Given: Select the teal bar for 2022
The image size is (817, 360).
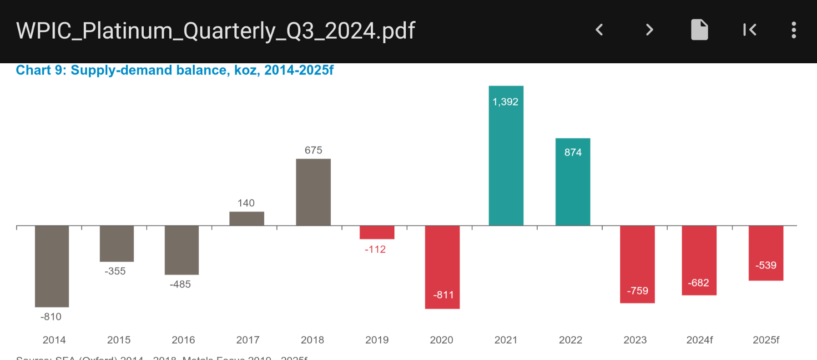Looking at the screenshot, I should (573, 187).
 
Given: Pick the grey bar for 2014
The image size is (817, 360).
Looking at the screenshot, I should (52, 266).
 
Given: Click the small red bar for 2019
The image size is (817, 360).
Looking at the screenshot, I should (377, 232).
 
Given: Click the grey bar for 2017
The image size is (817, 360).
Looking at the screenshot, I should (247, 218).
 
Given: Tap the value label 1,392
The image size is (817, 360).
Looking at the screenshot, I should (505, 102).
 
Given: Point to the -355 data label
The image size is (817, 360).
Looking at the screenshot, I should (115, 271).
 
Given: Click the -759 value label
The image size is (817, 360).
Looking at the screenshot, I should (637, 291).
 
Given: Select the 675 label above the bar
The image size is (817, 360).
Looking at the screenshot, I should (313, 150).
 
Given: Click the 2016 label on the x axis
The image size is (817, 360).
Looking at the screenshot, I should (183, 340).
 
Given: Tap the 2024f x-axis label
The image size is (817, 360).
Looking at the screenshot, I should (699, 340).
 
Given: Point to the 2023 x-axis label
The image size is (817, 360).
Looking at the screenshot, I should (635, 340).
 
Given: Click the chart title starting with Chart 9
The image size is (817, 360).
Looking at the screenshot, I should (175, 70).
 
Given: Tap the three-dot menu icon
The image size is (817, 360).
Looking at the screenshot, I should (793, 30).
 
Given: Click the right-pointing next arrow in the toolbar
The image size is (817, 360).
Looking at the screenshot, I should (649, 30).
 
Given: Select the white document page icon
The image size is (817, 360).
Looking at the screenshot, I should (699, 30).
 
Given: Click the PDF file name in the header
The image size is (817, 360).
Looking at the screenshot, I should (216, 31).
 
